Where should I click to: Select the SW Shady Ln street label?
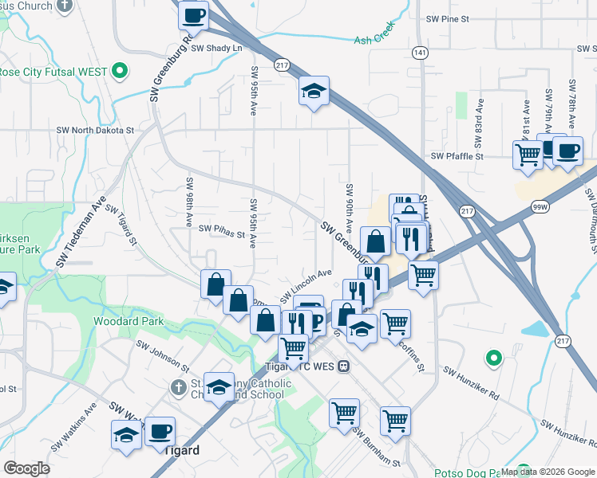215,48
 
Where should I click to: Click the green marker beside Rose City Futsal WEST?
120,71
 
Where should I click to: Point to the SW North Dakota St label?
95,129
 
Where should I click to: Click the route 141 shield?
420,52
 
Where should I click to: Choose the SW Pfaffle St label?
457,157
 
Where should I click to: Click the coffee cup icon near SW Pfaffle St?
567,151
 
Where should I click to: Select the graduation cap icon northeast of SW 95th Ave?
314,92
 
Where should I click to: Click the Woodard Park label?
128,321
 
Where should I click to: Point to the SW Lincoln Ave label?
306,284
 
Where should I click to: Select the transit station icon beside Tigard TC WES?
343,366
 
